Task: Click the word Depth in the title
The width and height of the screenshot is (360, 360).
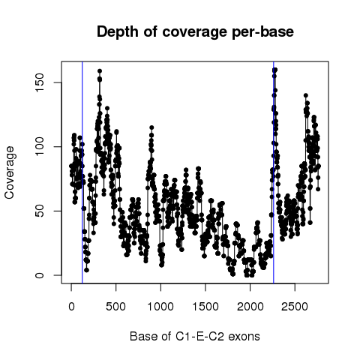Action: [x=117, y=32]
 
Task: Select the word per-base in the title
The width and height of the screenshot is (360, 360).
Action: [x=263, y=32]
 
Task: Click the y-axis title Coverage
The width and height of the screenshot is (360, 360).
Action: [x=10, y=172]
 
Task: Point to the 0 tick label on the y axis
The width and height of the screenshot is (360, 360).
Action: [x=40, y=275]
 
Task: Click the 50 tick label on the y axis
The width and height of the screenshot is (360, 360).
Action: [x=40, y=211]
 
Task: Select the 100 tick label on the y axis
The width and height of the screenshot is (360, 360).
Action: [x=40, y=147]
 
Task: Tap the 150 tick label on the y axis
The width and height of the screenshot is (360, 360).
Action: [x=40, y=82]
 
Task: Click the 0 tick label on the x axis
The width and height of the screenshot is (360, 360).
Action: [x=71, y=307]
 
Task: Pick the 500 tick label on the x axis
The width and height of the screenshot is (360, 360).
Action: [x=115, y=307]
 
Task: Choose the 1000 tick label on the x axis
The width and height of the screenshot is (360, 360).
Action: [x=160, y=307]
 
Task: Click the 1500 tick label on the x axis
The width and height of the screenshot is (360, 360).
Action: [x=205, y=307]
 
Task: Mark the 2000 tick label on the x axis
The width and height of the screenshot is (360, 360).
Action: [x=250, y=307]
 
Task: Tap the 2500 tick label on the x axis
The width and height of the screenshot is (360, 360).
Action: [x=295, y=307]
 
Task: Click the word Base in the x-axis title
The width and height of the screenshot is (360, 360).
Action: [x=141, y=337]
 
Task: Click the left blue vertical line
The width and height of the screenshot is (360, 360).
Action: [x=82, y=172]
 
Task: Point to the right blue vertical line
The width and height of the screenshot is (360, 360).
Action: [x=274, y=172]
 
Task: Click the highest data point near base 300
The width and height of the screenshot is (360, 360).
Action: [x=100, y=71]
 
